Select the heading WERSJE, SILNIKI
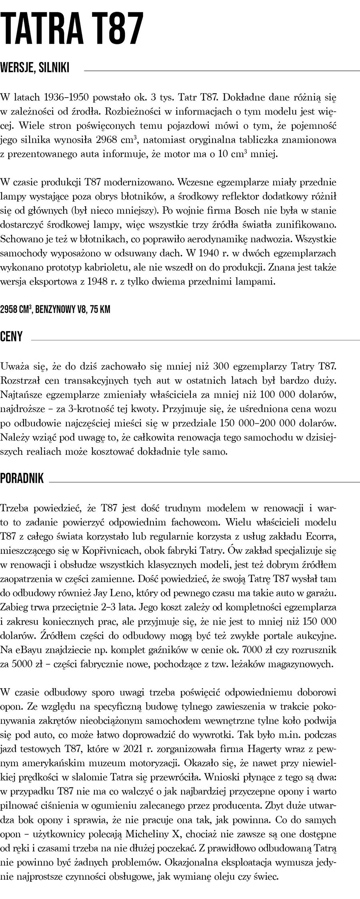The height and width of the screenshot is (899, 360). (35, 68)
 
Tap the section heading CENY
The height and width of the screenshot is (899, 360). (12, 336)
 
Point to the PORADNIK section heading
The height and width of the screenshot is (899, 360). (22, 479)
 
